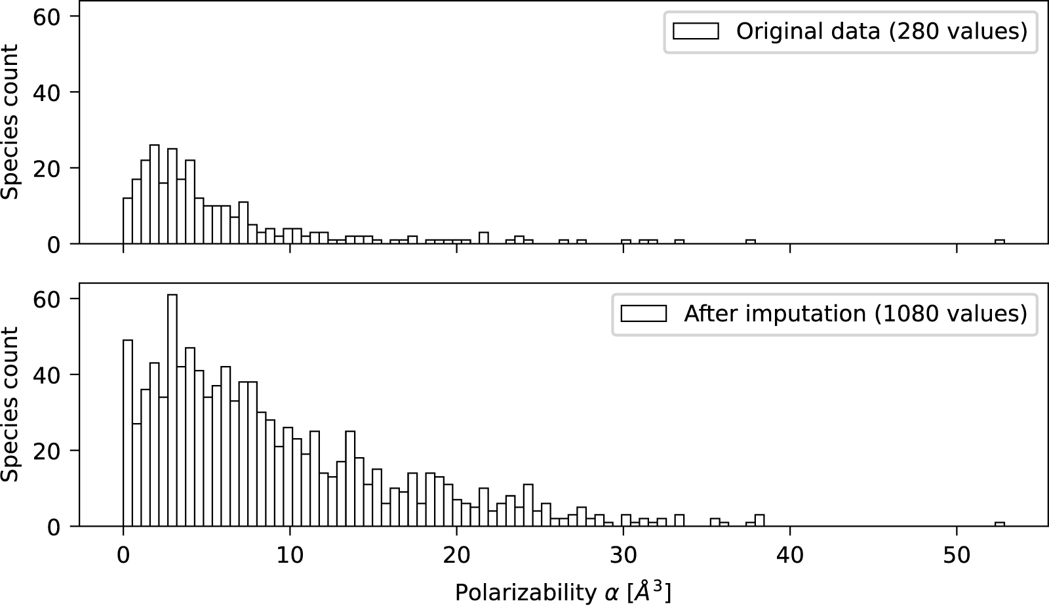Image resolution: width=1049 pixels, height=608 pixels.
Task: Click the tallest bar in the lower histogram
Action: (x=172, y=410)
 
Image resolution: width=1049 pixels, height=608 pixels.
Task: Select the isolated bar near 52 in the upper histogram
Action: (x=1000, y=241)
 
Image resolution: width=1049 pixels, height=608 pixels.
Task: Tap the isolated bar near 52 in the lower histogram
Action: (x=1000, y=524)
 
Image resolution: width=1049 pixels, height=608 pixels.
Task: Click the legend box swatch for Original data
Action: (x=696, y=31)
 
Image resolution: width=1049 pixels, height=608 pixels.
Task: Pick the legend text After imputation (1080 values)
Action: (x=856, y=314)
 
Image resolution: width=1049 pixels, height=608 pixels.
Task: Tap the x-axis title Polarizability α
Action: (x=563, y=592)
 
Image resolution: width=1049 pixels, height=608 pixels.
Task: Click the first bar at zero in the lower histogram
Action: (x=128, y=433)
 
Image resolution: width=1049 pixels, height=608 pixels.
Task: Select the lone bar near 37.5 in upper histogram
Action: (x=751, y=241)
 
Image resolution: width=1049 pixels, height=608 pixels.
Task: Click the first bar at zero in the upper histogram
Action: (x=128, y=221)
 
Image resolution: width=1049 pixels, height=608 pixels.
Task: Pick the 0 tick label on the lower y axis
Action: (x=54, y=527)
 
